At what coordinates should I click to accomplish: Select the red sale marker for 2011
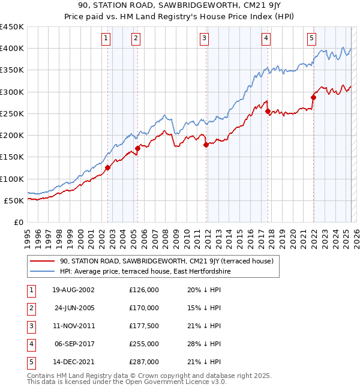206,145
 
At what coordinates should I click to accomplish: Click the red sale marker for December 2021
313,97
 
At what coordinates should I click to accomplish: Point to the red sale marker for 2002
108,167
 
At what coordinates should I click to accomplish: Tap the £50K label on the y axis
14,200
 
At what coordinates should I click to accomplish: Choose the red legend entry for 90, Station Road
166,261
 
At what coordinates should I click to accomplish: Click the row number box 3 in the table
31,326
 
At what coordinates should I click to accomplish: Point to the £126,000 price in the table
144,290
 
